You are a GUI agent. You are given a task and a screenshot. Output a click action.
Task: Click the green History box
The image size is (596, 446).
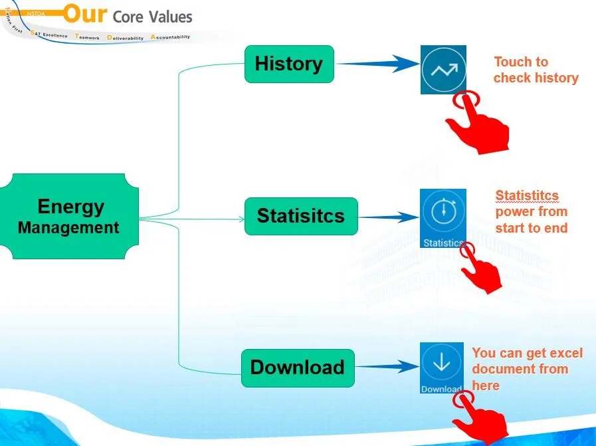(x=289, y=64)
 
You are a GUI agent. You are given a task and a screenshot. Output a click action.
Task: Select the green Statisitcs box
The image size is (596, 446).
(x=301, y=216)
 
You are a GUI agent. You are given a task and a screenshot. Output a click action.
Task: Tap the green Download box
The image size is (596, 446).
(x=298, y=368)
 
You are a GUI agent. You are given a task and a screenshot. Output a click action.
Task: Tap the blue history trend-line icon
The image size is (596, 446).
(x=443, y=69)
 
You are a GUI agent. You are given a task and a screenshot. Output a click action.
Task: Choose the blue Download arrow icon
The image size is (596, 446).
(x=441, y=368)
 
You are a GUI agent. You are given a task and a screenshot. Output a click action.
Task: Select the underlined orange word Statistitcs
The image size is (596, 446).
(x=527, y=195)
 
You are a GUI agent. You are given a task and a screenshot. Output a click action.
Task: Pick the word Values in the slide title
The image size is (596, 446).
(x=171, y=17)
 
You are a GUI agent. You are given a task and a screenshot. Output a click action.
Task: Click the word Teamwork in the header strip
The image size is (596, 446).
(x=88, y=37)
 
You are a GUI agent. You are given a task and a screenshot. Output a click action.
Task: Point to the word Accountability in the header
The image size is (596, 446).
(x=171, y=37)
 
